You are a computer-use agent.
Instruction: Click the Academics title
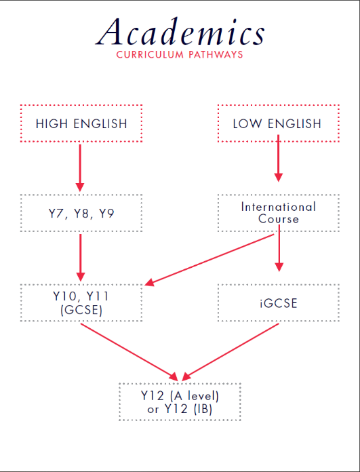(x=180, y=32)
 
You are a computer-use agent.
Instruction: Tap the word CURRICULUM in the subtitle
(x=150, y=54)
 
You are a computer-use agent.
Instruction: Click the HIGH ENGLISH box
(x=81, y=123)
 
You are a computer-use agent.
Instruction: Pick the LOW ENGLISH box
(x=279, y=123)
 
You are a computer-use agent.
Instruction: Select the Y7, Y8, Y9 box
(x=81, y=213)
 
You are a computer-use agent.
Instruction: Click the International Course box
(x=279, y=213)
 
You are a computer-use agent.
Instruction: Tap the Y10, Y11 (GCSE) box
(x=81, y=302)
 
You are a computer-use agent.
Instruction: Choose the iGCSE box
(x=279, y=302)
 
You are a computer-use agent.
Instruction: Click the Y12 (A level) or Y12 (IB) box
(x=180, y=401)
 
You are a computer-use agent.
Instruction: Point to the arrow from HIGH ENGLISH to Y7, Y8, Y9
(x=80, y=168)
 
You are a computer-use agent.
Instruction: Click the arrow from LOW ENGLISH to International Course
(x=279, y=158)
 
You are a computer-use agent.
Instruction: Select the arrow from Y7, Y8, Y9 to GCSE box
(x=81, y=258)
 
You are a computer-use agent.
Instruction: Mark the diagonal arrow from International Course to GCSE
(x=209, y=260)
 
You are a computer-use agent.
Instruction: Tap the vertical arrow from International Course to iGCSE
(x=279, y=248)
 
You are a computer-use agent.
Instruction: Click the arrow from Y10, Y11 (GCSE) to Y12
(x=129, y=351)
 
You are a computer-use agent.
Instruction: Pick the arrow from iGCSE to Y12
(x=231, y=351)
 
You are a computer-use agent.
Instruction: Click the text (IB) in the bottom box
(x=202, y=410)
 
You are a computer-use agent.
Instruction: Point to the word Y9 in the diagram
(x=106, y=214)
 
